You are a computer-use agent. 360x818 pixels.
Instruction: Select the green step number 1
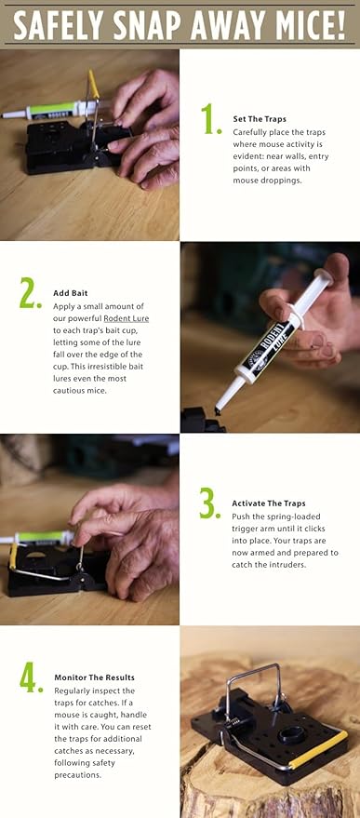click(211, 119)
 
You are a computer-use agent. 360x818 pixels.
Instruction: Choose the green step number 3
click(210, 503)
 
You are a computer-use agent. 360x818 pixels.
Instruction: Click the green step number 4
click(31, 677)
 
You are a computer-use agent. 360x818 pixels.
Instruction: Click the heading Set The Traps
click(259, 119)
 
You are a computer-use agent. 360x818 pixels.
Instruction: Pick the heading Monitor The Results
click(95, 677)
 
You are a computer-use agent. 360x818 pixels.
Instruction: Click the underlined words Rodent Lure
click(126, 318)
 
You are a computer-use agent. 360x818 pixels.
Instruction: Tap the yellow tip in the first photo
click(93, 84)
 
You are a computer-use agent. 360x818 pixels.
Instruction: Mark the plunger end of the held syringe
click(325, 275)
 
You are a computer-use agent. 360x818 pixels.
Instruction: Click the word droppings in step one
click(285, 180)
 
